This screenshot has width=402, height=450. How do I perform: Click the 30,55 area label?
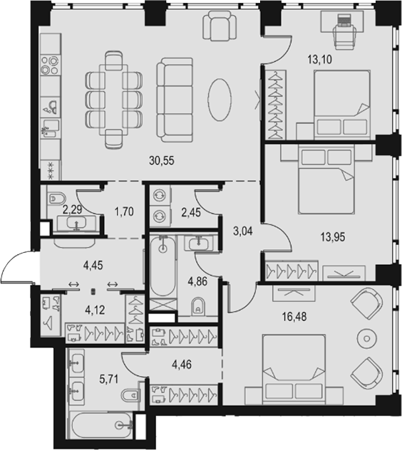(x=162, y=160)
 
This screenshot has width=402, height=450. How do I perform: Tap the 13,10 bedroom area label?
(x=319, y=59)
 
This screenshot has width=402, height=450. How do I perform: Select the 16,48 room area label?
(x=294, y=317)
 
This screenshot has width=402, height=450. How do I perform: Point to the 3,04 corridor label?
(x=243, y=231)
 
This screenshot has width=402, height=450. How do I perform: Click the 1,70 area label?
(x=124, y=211)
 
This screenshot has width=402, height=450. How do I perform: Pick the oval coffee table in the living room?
(x=220, y=100)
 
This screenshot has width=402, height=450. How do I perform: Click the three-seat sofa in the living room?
(x=175, y=100)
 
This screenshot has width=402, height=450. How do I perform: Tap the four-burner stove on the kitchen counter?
(x=50, y=65)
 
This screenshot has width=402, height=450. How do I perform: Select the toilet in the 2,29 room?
(x=56, y=199)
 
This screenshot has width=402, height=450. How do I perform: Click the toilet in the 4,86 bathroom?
(x=198, y=306)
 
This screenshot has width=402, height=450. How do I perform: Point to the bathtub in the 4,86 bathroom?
(x=163, y=266)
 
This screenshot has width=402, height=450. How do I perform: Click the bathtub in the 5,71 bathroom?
(x=103, y=426)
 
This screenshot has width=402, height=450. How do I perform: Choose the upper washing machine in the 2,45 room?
(x=160, y=195)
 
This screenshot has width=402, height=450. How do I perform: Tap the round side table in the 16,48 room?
(x=366, y=339)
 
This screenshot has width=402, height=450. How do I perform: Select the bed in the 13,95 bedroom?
(x=326, y=179)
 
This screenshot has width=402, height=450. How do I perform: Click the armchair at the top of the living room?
(x=220, y=26)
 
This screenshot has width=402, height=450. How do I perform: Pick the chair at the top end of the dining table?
(x=114, y=61)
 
